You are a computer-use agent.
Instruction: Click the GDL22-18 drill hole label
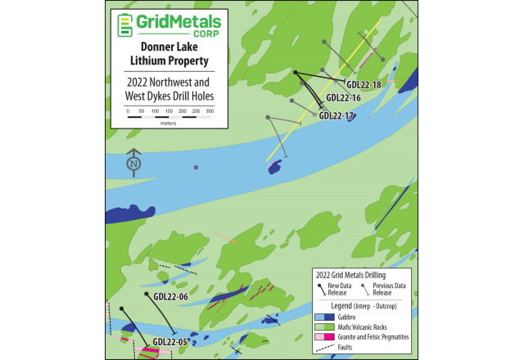[x=364, y=84]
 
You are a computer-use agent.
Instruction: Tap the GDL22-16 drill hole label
[x=343, y=97]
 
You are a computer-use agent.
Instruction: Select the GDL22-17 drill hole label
[x=336, y=115]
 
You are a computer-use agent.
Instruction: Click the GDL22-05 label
[x=170, y=341]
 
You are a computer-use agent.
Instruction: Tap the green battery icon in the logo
[x=125, y=25]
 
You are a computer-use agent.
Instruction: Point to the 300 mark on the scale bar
[x=210, y=110]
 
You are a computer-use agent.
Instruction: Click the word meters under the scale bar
[x=169, y=124]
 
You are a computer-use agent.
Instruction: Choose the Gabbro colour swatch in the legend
[x=325, y=316]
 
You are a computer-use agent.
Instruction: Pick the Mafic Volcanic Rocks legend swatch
[x=325, y=326]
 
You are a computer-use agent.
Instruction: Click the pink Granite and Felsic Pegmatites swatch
[x=325, y=336]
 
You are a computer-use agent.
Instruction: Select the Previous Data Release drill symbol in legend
[x=366, y=289]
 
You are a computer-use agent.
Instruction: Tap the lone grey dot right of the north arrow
[x=196, y=168]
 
